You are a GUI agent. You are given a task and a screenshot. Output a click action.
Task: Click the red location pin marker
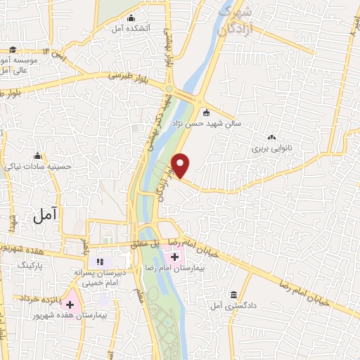tap(181, 165)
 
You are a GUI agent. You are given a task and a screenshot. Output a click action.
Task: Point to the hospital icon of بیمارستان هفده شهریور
tap(70, 304)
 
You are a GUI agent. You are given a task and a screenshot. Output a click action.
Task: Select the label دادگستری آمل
tap(226, 306)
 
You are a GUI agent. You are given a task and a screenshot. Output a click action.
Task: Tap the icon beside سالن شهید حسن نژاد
tap(206, 112)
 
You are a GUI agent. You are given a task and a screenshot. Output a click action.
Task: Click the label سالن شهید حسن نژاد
tap(214, 123)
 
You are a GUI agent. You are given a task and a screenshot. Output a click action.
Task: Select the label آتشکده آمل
tap(127, 29)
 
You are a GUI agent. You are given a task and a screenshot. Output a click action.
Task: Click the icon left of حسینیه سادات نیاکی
tap(37, 155)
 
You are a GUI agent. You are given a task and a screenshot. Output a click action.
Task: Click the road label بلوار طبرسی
tap(131, 76)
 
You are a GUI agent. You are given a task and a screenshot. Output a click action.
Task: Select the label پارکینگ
tap(30, 265)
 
